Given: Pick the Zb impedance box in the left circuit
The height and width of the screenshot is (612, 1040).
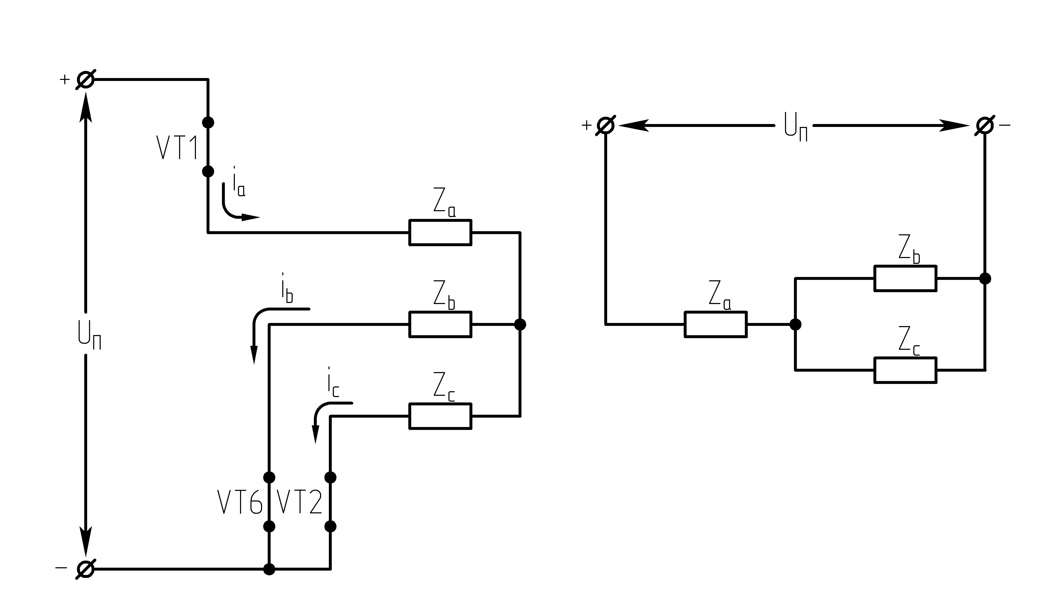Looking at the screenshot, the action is pyautogui.click(x=440, y=325).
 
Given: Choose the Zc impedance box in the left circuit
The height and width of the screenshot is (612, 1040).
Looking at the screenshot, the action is pyautogui.click(x=440, y=416).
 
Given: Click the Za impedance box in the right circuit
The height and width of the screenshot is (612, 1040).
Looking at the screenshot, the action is pyautogui.click(x=716, y=325).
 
